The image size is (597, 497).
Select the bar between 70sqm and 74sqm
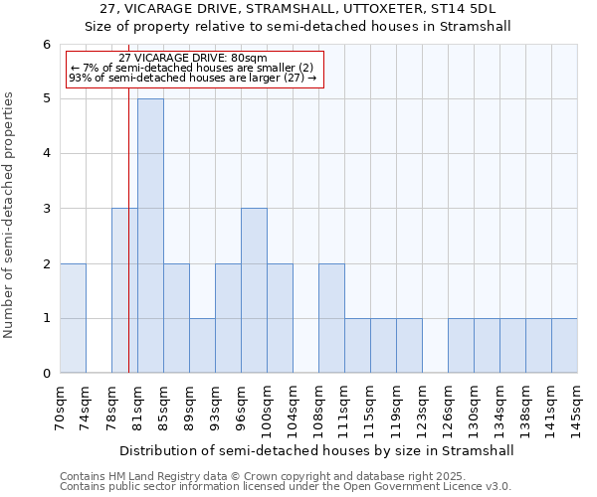click(73, 318)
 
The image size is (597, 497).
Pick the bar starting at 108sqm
click(331, 318)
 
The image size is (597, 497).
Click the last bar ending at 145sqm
click(564, 345)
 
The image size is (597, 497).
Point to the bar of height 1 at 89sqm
click(202, 345)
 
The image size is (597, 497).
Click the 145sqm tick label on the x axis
click(577, 409)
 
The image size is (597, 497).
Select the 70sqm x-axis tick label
click(60, 409)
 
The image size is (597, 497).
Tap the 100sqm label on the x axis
click(267, 409)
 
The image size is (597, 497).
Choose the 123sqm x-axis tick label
click(422, 409)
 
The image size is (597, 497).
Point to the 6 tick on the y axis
click(46, 45)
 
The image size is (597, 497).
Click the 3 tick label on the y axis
click(46, 209)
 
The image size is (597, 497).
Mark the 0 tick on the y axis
click(46, 374)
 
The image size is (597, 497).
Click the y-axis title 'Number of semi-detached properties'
click(10, 215)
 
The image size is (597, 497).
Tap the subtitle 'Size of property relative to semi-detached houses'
click(298, 27)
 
